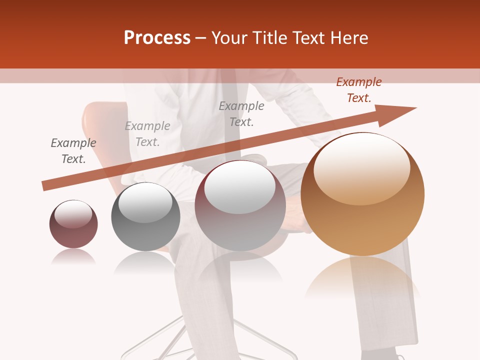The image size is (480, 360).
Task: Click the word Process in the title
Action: (157, 38)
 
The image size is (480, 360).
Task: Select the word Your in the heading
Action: (230, 38)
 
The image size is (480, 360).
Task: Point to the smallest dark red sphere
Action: (73, 224)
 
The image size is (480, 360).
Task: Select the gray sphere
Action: (145, 217)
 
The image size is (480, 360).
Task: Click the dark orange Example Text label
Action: (359, 90)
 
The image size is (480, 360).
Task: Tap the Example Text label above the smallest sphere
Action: (73, 151)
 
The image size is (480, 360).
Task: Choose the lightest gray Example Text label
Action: (147, 134)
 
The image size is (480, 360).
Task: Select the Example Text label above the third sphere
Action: (241, 114)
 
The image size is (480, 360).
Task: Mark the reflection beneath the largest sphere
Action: (362, 277)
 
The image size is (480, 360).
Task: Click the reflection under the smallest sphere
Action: (73, 257)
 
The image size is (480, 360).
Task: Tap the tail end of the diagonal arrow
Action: (46, 186)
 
